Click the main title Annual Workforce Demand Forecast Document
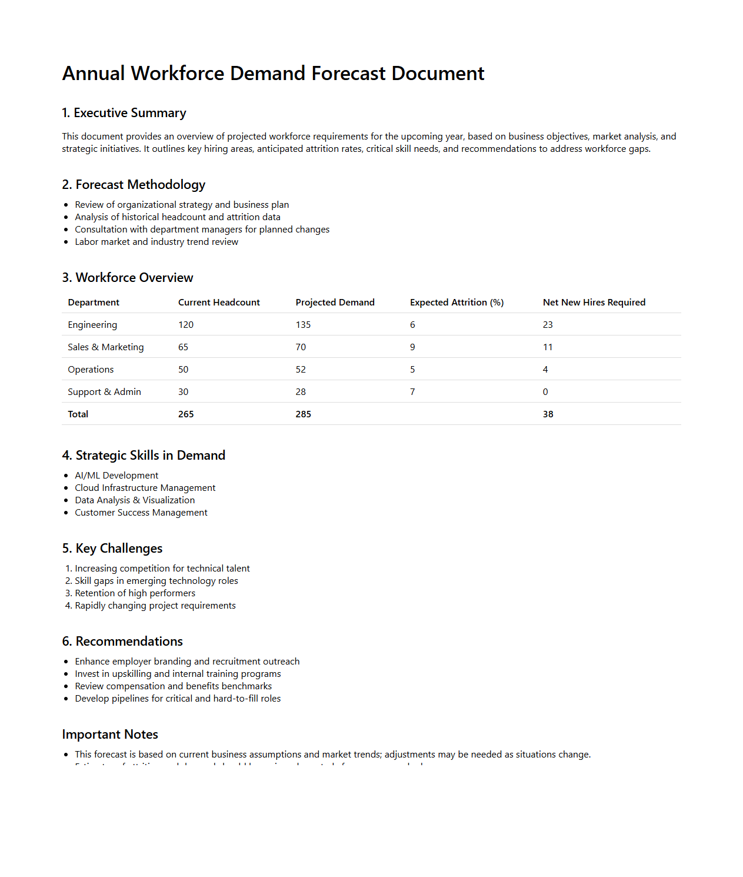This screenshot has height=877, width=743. tap(273, 74)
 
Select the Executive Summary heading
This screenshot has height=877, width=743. tap(124, 113)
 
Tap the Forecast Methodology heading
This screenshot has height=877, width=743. tap(134, 185)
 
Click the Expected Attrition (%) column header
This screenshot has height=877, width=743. tap(457, 303)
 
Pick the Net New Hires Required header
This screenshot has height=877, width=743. tap(594, 303)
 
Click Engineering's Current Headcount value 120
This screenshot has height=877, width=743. tap(186, 325)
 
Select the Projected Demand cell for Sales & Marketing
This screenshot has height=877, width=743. tap(301, 347)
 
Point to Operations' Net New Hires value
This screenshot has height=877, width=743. tap(545, 370)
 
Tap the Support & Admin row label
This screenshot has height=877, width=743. tap(104, 392)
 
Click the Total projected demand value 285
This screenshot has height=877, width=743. tap(303, 414)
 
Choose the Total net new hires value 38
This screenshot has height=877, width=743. tap(548, 414)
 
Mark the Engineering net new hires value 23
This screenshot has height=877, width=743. tap(548, 325)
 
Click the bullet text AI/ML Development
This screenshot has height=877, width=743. tap(116, 476)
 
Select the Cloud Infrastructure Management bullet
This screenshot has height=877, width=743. tap(145, 488)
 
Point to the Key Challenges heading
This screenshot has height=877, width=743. tap(112, 549)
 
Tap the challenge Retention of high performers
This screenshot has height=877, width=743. tap(135, 593)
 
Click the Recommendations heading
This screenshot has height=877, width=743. tap(122, 642)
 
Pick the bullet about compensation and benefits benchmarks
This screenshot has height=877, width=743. tap(173, 686)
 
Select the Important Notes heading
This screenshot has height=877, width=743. tap(110, 735)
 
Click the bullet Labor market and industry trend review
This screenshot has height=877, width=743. tap(156, 242)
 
